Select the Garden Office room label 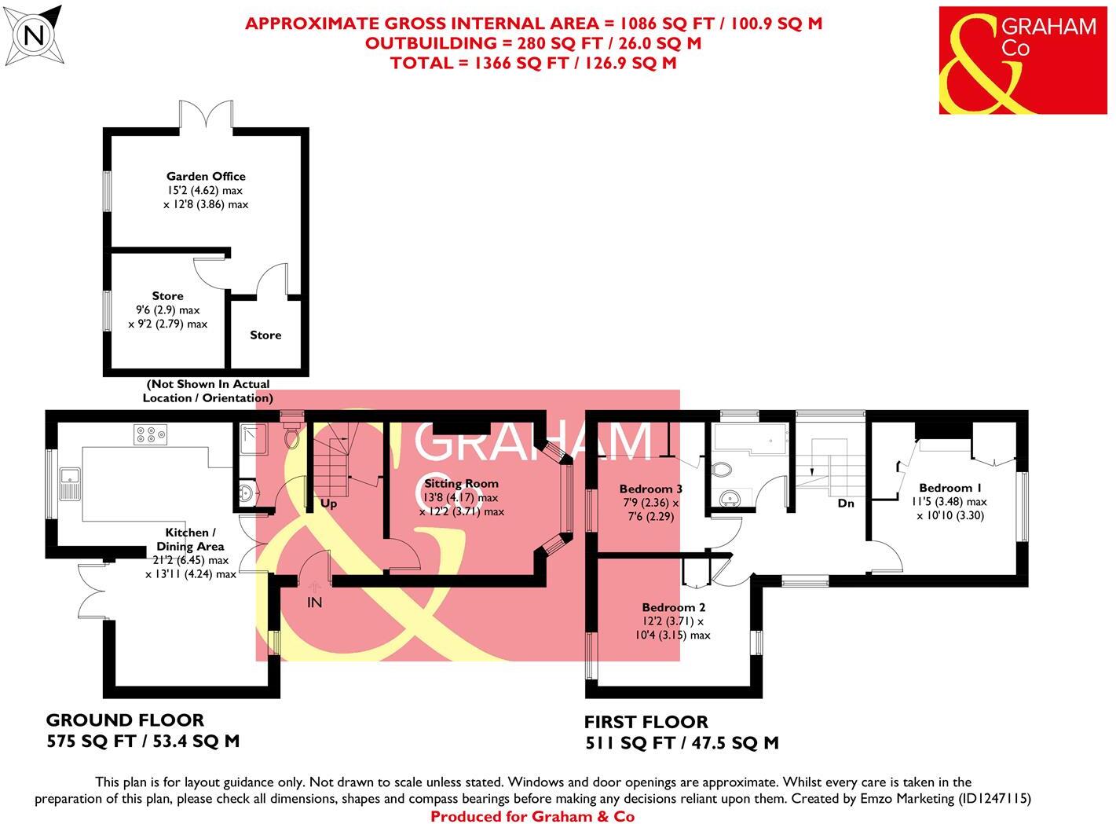tap(206, 177)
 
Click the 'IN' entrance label tap(314, 602)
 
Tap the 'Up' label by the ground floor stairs tap(328, 504)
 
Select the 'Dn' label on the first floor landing tap(845, 503)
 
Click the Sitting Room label tap(461, 483)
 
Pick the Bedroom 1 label tap(950, 488)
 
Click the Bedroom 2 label tap(673, 607)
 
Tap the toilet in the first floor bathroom tap(721, 470)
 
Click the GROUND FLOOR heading tap(125, 720)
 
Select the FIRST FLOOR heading tap(646, 722)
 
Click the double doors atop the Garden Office tap(206, 115)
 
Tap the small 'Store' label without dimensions tap(265, 335)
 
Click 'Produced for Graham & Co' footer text tap(532, 816)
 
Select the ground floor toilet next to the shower tap(292, 437)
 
